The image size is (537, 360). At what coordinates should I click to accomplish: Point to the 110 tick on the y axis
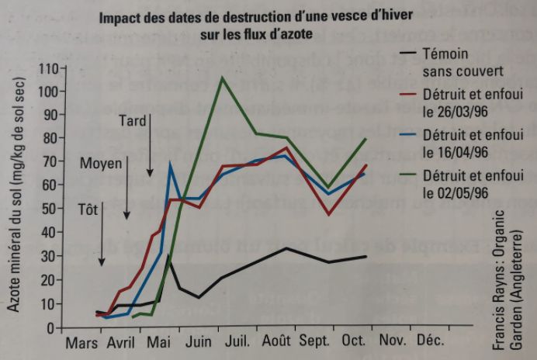pos(47,68)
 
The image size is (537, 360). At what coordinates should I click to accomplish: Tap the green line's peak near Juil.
pos(223,78)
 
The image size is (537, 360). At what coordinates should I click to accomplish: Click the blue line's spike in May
pos(170,164)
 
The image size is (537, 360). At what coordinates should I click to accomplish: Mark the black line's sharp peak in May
pos(168,257)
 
